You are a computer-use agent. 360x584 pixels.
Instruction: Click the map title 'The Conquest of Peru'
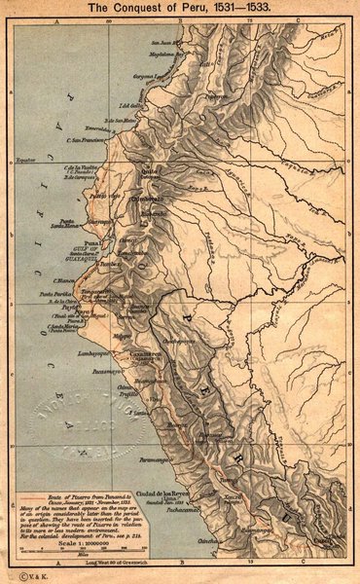(x=180, y=7)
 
